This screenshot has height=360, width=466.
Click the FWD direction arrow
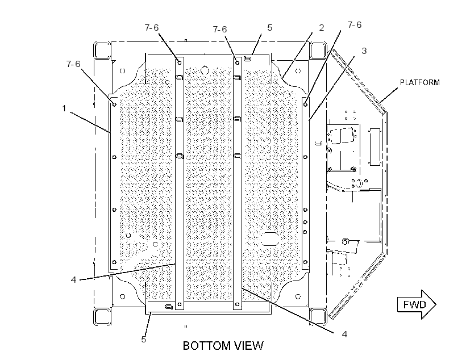click(x=417, y=304)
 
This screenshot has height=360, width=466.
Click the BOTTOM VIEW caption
click(x=223, y=346)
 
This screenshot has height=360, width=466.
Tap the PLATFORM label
click(x=419, y=82)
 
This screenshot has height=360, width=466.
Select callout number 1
click(x=64, y=108)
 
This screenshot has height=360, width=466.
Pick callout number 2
click(x=321, y=28)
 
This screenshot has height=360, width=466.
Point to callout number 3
click(x=364, y=51)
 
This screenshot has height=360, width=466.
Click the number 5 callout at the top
click(x=269, y=28)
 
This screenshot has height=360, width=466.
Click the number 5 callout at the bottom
click(x=144, y=339)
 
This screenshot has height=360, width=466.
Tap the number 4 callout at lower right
click(x=344, y=334)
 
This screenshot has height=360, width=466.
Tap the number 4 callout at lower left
click(x=73, y=279)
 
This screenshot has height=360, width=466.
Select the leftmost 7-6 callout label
click(x=73, y=64)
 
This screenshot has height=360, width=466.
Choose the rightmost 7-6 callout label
click(x=355, y=24)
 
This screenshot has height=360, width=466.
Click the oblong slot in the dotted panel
click(x=270, y=239)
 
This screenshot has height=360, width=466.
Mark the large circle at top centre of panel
click(x=205, y=70)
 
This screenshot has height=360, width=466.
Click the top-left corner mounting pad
click(x=102, y=50)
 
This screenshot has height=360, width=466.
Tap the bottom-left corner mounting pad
click(x=102, y=317)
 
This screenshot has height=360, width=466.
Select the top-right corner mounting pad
click(x=318, y=50)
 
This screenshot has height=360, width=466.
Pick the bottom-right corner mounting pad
click(x=318, y=317)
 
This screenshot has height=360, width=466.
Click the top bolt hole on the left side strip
click(x=114, y=104)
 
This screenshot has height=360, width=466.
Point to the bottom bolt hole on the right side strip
click(x=305, y=262)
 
